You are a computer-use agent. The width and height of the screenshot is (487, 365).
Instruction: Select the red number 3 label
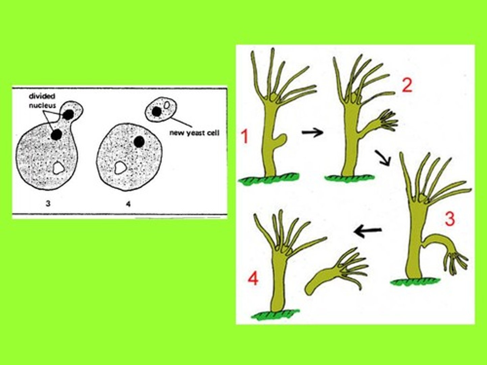[449, 219]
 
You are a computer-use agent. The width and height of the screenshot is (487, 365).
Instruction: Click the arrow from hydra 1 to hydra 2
[312, 132]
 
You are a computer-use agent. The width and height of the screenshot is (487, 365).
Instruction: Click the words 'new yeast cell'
[194, 133]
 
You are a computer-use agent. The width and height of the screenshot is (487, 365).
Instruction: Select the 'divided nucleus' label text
[42, 101]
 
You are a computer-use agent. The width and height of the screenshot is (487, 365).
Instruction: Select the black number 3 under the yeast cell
[48, 204]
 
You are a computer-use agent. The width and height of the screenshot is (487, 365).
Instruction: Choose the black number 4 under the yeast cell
[128, 204]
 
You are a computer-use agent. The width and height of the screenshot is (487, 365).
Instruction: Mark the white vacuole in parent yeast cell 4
[119, 168]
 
